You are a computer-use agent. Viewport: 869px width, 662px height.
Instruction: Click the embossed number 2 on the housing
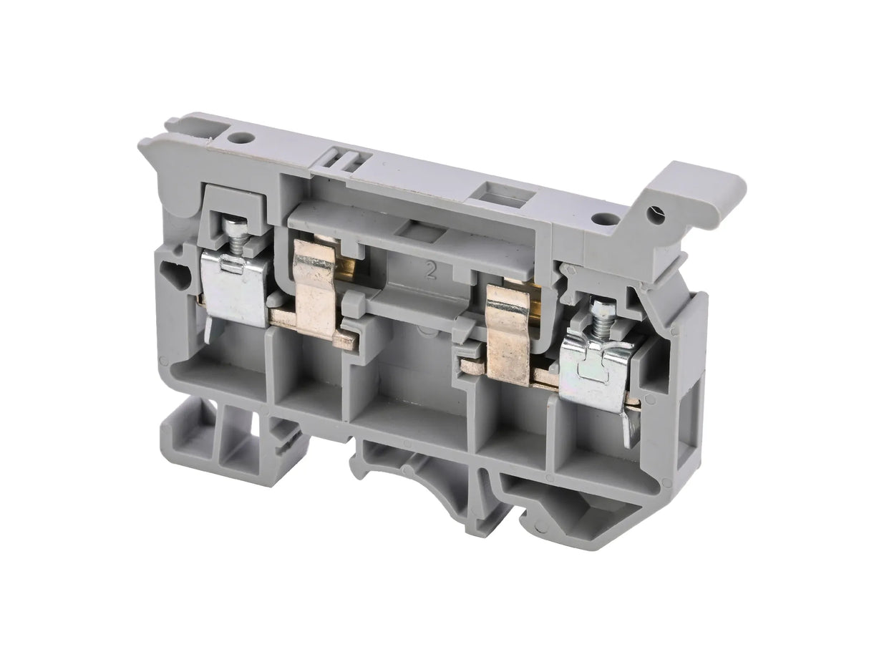click(x=431, y=271)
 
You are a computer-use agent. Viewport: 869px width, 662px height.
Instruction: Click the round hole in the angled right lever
click(x=654, y=212)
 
